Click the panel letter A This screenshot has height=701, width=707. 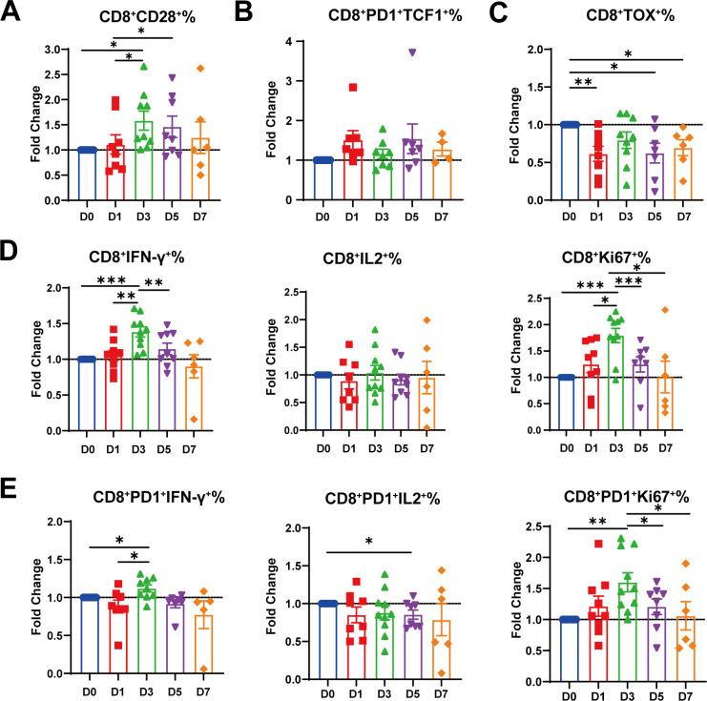(13, 12)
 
